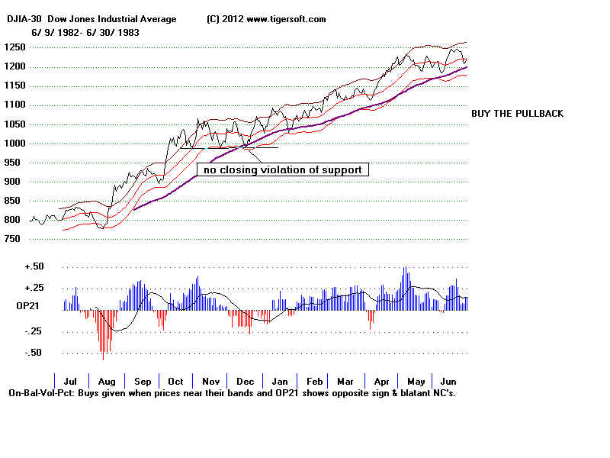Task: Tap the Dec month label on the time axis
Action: (x=245, y=381)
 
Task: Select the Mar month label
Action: (x=345, y=381)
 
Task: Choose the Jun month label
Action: (x=449, y=381)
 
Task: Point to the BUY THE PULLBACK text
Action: (x=518, y=114)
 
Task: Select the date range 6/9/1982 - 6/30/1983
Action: (x=85, y=33)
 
